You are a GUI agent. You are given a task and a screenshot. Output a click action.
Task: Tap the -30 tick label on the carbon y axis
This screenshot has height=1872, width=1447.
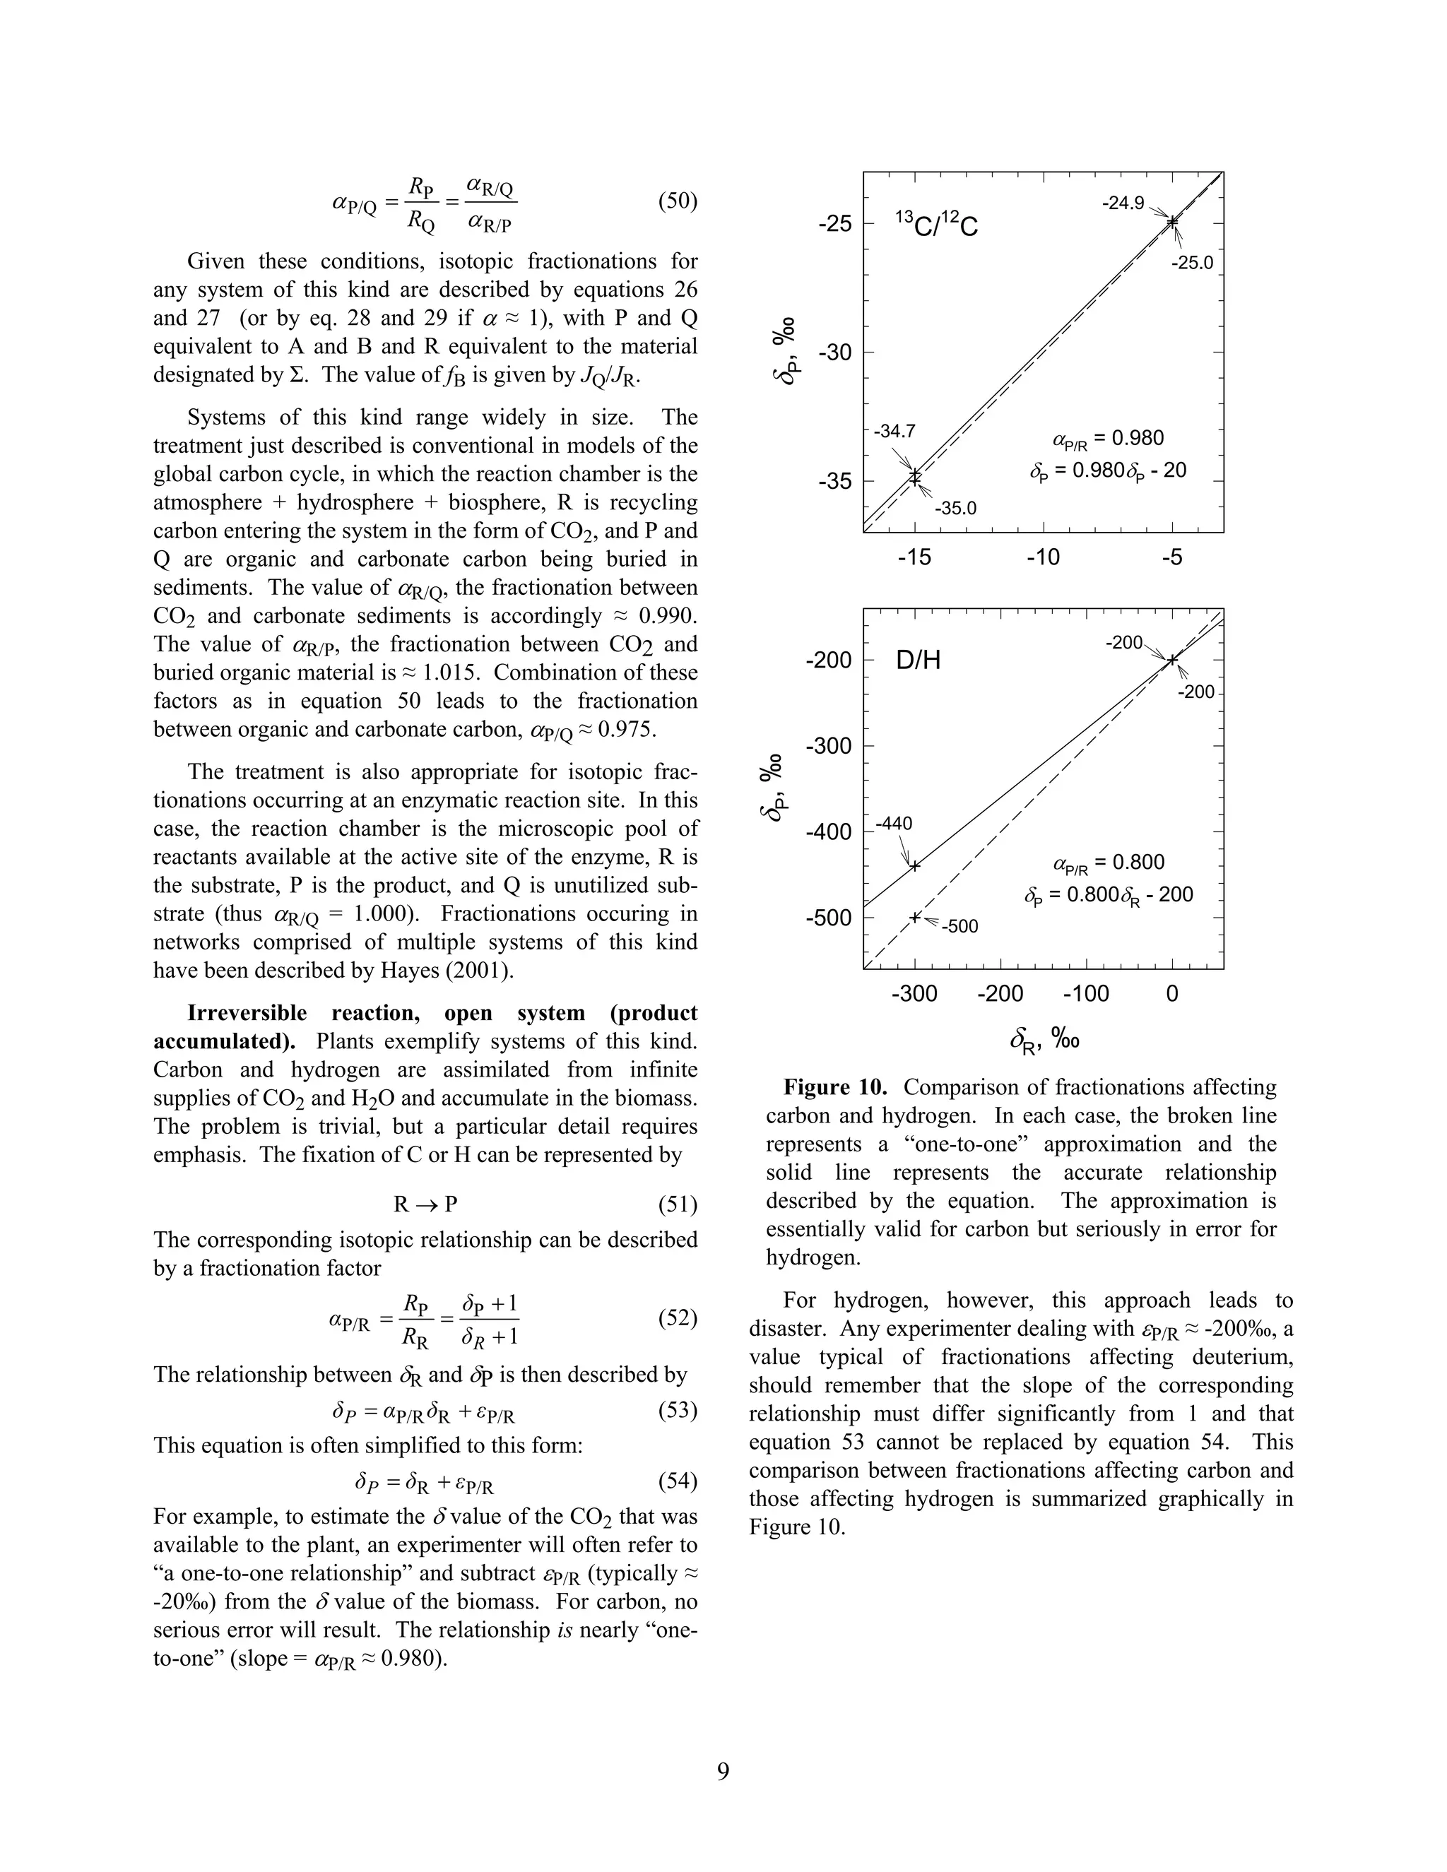[834, 353]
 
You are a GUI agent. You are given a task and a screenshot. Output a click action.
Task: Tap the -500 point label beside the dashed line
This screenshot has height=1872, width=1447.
[960, 927]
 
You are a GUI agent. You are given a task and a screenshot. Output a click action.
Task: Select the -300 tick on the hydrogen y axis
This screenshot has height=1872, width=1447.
[828, 746]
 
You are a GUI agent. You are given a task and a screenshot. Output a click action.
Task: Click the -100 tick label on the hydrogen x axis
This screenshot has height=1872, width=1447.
[1085, 995]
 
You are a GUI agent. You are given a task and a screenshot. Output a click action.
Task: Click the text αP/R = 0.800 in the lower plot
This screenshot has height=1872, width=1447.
[1108, 863]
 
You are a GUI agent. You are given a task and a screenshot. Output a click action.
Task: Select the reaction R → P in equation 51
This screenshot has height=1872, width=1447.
[425, 1204]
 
